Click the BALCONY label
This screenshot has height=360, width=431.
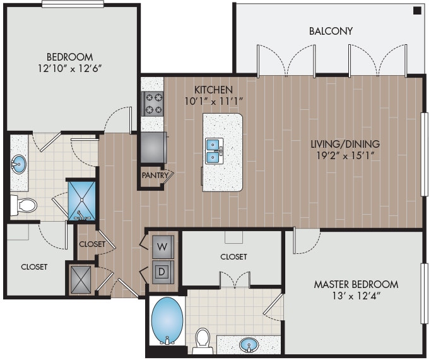pos(331,31)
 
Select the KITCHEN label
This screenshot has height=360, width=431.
pos(214,90)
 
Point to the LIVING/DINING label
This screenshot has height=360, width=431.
pos(345,144)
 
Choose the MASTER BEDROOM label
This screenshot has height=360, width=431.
pos(356,284)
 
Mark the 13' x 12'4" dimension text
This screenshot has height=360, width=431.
pos(356,296)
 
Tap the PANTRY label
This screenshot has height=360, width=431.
pos(153,175)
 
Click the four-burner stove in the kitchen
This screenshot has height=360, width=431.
pos(152,104)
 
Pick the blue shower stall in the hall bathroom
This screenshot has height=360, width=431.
pos(81,200)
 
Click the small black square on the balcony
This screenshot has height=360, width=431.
pos(417,11)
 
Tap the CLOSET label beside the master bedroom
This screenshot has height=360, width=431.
pos(233,256)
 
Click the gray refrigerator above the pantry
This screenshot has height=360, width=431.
pos(153,147)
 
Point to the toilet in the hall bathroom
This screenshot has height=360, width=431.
pos(23,205)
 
